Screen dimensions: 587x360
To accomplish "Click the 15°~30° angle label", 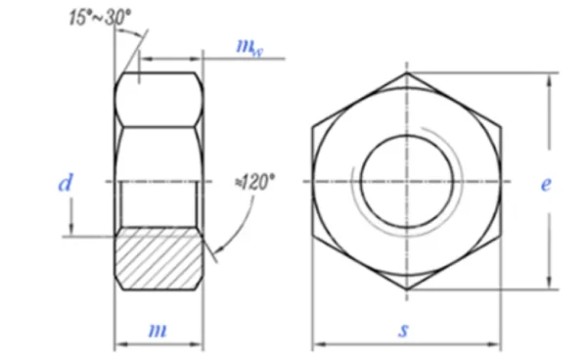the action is pyautogui.click(x=100, y=18).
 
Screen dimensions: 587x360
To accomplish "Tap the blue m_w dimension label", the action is pyautogui.click(x=249, y=48).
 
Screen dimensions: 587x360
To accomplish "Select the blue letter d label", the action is pyautogui.click(x=66, y=183).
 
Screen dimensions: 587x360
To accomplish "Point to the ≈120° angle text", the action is pyautogui.click(x=254, y=183).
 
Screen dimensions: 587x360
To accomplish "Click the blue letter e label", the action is pyautogui.click(x=546, y=184).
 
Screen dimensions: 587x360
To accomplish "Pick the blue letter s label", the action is pyautogui.click(x=403, y=330).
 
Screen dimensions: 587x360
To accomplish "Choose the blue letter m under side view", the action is pyautogui.click(x=158, y=331).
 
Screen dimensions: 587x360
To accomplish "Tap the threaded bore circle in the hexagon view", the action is pyautogui.click(x=407, y=135).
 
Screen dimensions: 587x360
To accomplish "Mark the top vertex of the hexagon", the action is pyautogui.click(x=407, y=72).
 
